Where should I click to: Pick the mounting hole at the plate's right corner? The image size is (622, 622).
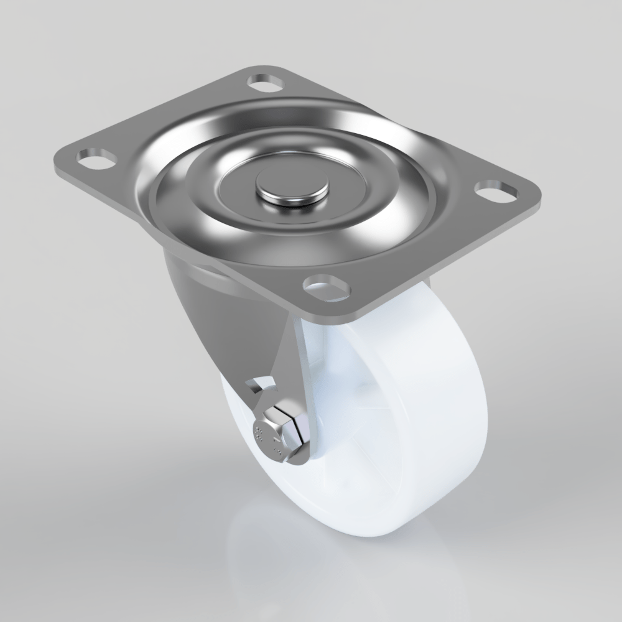495,190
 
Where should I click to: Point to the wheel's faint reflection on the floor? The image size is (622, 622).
299,560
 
